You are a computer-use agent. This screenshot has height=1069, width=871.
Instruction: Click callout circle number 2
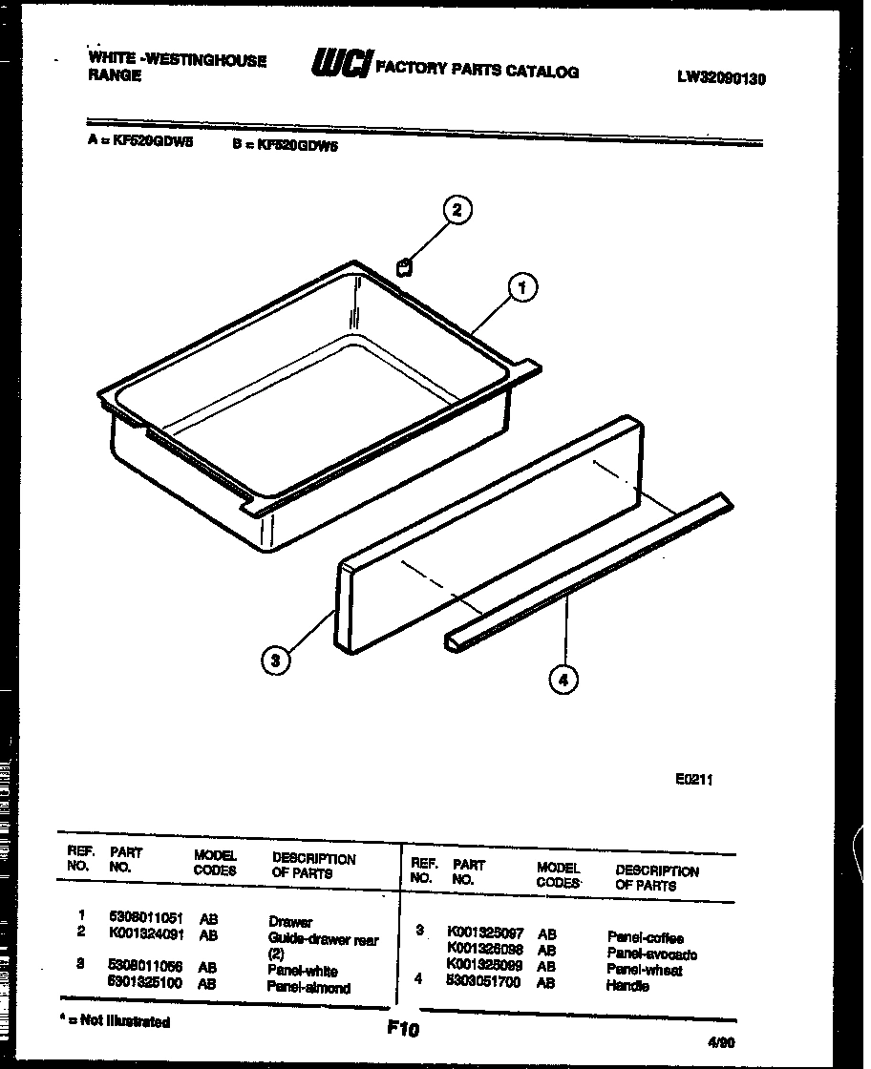[457, 210]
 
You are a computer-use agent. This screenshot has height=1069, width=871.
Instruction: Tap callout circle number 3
[275, 658]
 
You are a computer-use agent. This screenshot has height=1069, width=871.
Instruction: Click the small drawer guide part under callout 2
[404, 266]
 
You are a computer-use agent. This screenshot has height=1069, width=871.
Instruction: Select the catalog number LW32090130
[721, 79]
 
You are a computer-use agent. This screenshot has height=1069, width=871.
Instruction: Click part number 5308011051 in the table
[146, 917]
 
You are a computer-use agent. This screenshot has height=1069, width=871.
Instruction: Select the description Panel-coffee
[646, 938]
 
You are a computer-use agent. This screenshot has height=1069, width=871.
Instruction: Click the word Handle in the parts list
[627, 985]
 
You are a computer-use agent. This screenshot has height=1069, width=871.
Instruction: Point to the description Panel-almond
[308, 988]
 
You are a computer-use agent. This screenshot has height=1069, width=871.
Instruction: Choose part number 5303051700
[483, 981]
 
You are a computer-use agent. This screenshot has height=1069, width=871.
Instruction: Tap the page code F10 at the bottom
[403, 1029]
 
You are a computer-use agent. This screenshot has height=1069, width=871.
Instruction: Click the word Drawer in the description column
[290, 922]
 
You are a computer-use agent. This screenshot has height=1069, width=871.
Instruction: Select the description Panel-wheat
[645, 970]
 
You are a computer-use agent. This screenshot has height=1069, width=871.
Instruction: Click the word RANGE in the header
[115, 75]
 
